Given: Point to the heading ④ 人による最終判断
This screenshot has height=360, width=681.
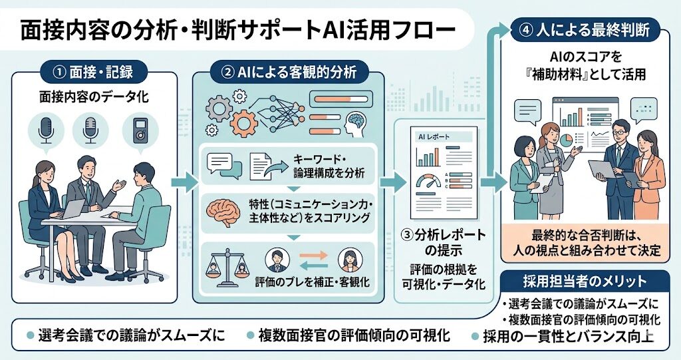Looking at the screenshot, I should coord(584,30).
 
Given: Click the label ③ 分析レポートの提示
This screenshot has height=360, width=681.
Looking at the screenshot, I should coord(444,244).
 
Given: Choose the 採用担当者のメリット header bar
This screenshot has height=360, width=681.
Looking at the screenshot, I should coord(583,280).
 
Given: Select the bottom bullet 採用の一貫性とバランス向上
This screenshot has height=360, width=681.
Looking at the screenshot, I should coord(569,335).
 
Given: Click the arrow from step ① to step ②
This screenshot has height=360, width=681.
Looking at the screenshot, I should coord(184,181).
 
